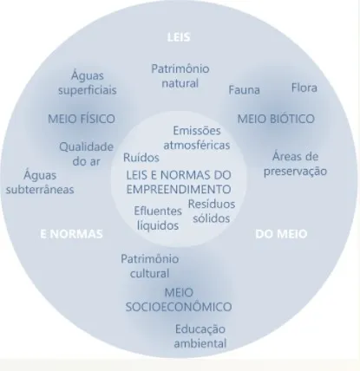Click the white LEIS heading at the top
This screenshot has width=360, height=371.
(179, 37)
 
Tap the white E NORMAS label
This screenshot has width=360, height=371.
(71, 234)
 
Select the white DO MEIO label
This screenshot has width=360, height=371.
(281, 234)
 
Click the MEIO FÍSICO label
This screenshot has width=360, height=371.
(82, 119)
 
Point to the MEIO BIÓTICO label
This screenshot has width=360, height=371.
(276, 119)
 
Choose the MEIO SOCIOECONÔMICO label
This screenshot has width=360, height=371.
(179, 299)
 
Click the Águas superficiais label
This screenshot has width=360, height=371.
(88, 82)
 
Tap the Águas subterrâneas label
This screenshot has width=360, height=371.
(40, 182)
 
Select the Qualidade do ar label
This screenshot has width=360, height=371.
(86, 154)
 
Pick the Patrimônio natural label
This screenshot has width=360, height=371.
(180, 76)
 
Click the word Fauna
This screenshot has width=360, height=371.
(245, 90)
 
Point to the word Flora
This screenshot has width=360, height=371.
(304, 88)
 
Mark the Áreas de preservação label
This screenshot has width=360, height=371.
(295, 164)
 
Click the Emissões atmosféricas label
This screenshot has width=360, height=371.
(197, 138)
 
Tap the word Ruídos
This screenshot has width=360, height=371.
(141, 158)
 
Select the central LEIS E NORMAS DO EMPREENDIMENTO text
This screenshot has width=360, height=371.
(179, 182)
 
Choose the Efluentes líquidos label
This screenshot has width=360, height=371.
(158, 218)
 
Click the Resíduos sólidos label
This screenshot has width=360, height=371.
(212, 212)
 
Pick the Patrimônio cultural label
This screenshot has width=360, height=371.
(149, 266)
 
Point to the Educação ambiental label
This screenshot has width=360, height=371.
(200, 336)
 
